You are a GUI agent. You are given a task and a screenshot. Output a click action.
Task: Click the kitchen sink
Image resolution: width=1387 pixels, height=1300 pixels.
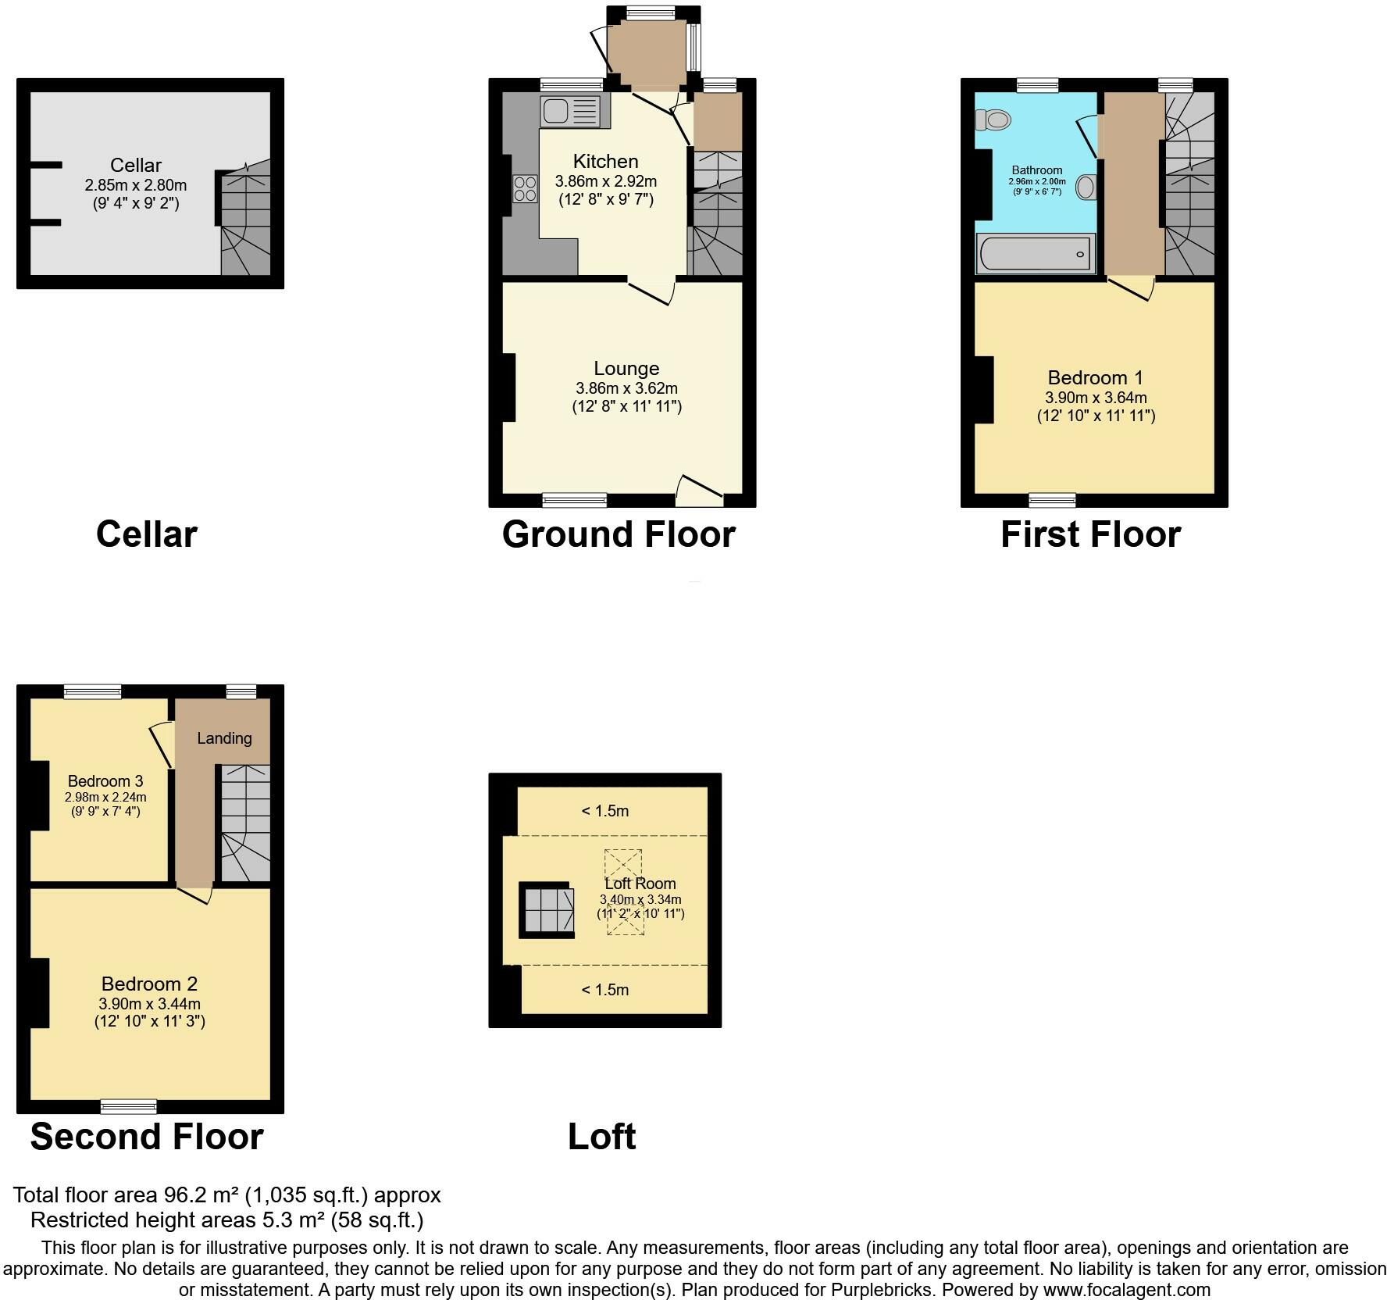(568, 112)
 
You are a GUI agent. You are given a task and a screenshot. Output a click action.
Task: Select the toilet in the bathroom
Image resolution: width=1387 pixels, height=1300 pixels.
(993, 120)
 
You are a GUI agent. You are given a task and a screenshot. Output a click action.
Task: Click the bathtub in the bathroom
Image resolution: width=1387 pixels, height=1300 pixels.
(1035, 254)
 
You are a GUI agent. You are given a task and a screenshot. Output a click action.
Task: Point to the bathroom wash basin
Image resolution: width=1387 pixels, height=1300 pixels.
(1086, 187)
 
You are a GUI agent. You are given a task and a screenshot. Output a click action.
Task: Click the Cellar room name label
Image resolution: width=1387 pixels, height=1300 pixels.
(136, 166)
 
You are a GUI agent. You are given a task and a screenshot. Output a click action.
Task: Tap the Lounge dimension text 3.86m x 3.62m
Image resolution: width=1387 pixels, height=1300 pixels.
(626, 388)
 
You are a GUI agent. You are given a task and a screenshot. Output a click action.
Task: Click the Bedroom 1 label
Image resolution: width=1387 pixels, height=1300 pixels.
(1095, 378)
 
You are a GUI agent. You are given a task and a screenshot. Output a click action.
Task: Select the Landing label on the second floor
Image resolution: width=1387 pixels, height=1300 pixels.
(224, 738)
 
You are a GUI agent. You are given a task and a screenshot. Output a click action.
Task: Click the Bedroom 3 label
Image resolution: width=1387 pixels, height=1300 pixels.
(105, 781)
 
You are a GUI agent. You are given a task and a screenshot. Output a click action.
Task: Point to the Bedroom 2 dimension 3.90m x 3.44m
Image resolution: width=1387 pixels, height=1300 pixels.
(149, 1004)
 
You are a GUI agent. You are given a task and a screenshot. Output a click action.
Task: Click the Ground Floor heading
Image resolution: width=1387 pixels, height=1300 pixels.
(619, 535)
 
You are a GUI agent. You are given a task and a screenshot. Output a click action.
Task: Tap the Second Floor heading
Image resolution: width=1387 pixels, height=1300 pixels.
(147, 1137)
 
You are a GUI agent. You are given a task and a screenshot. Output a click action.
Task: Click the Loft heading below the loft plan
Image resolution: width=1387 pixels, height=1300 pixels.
(601, 1137)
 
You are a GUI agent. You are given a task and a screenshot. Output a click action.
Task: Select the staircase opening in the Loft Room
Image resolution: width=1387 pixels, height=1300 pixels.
(547, 910)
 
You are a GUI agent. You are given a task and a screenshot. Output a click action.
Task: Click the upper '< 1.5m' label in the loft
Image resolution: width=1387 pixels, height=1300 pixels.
(604, 811)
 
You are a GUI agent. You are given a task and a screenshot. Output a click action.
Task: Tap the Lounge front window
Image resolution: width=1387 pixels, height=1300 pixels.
(575, 500)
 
